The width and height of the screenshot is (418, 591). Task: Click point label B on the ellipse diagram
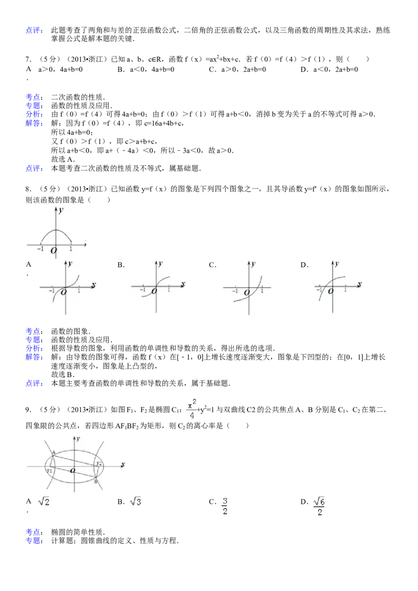[96, 481]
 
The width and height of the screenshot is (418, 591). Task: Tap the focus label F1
[49, 471]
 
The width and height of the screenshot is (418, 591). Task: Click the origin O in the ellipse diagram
[73, 470]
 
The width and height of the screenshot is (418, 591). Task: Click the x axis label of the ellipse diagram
[122, 464]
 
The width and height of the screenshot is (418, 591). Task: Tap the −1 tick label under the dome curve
[40, 250]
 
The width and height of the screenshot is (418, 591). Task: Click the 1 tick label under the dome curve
[71, 250]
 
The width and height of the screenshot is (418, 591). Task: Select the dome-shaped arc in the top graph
[56, 231]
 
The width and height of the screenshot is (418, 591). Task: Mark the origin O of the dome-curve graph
[53, 251]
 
